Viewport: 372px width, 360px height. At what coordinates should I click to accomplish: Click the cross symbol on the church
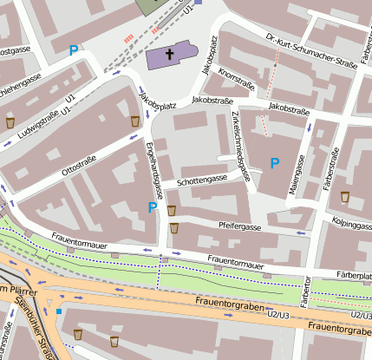coord(170,54)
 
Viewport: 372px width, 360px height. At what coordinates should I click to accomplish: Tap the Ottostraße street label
coord(79,160)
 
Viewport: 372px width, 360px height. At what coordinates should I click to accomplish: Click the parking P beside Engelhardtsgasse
coord(153,207)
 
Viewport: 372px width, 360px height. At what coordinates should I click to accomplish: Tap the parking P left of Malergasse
coord(275,162)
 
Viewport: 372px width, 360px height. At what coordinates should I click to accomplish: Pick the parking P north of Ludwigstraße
coord(74,50)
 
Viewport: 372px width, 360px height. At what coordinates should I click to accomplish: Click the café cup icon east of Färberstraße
coord(345,195)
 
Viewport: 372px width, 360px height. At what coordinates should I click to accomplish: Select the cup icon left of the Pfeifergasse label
coord(174,228)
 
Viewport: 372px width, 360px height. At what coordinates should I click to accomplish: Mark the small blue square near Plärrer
coord(59,311)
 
